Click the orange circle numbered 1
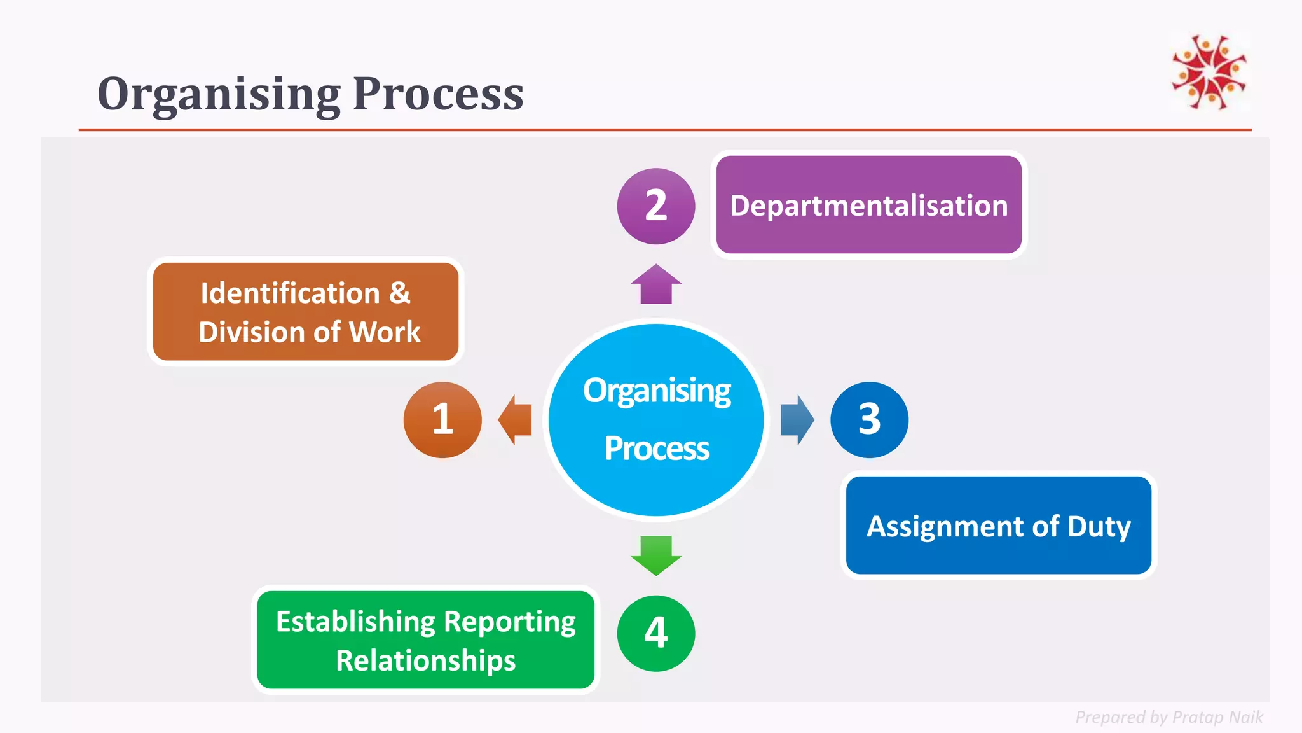pos(442,420)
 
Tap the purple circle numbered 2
pos(656,206)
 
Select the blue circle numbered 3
pos(869,420)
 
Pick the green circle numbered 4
pos(656,634)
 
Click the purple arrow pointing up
pos(656,284)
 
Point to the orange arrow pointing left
pos(515,420)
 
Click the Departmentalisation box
pos(868,205)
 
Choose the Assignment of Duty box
pos(998,526)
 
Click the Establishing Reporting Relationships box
pos(426,640)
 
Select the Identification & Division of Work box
pos(306,312)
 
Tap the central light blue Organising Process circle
pos(656,420)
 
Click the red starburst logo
pos(1209,72)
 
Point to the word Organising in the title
pos(219,94)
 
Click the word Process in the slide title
pos(438,94)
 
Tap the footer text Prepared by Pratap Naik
pos(1168,717)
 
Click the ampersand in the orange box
pos(400,293)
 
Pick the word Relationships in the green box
pos(426,660)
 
